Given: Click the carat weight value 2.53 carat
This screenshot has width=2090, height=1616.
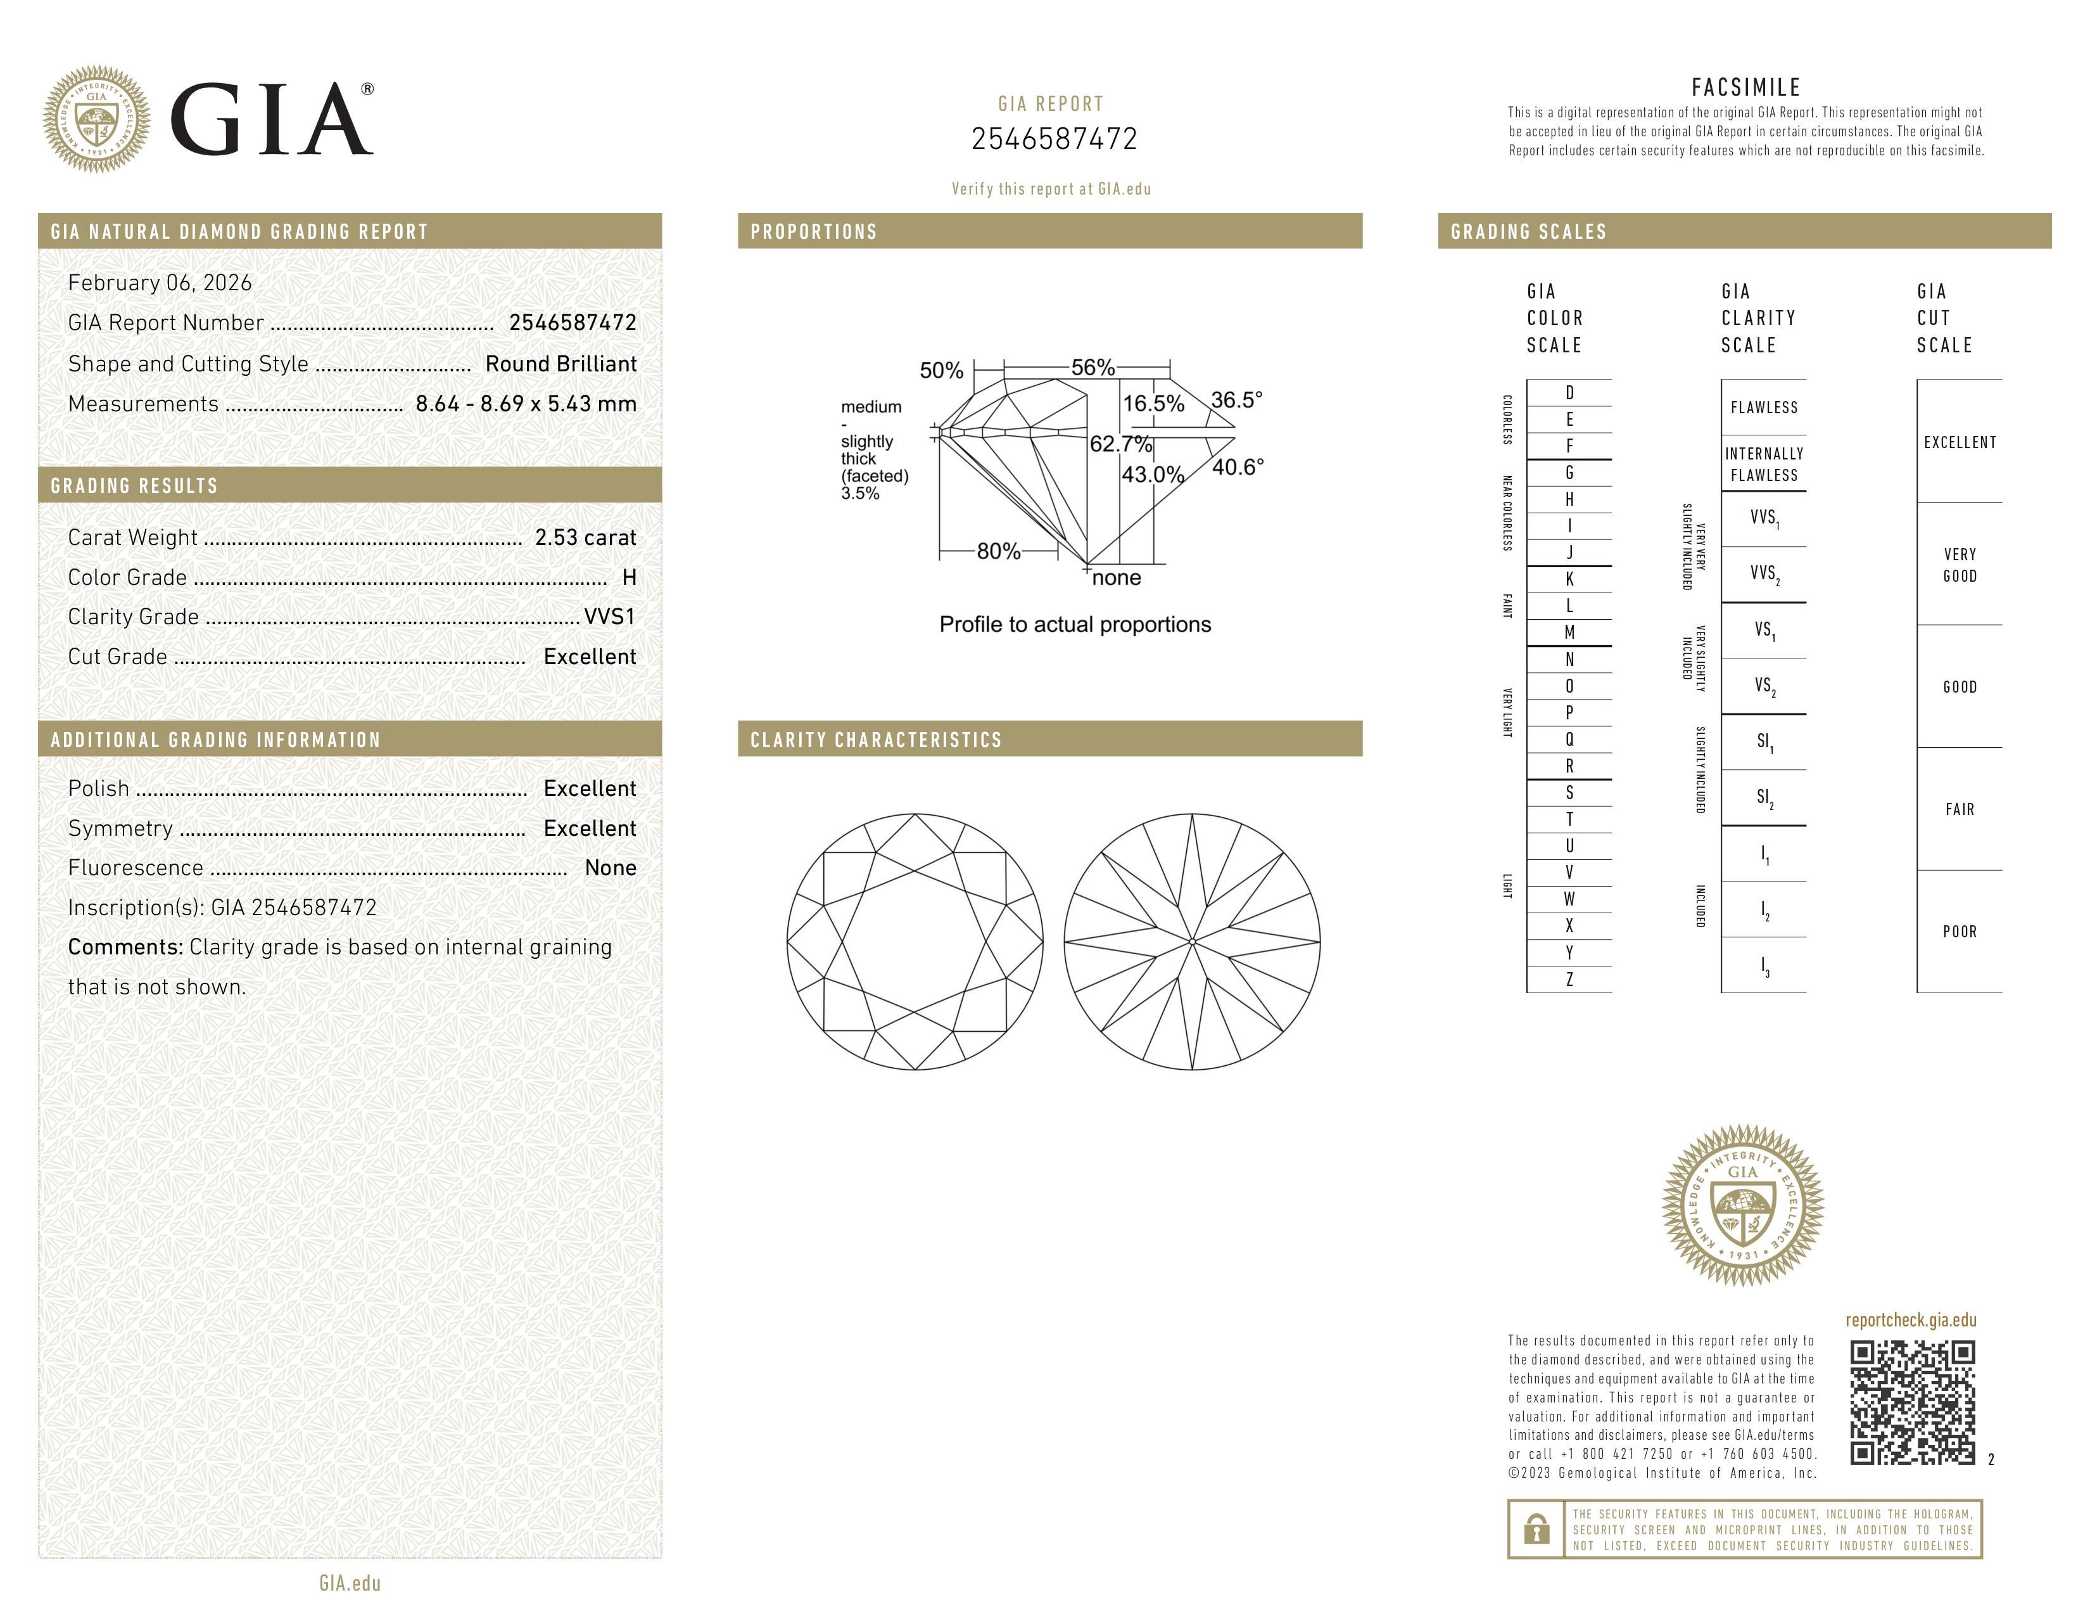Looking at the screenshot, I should (585, 538).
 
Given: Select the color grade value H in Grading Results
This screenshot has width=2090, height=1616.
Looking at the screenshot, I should (629, 577).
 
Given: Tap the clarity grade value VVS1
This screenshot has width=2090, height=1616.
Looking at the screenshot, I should (609, 617).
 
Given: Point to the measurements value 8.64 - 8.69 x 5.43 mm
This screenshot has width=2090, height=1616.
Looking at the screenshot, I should (526, 404).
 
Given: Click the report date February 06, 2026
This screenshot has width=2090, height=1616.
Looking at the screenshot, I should (160, 283).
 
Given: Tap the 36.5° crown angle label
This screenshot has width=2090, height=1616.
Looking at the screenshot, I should (1236, 400).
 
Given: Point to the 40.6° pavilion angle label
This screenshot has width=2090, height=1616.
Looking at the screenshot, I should (1238, 467).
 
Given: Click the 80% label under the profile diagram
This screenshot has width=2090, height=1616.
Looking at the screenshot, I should (998, 551).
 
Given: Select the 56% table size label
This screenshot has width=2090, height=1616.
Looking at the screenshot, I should (1093, 368).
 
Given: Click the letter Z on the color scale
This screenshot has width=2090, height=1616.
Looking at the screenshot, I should (1569, 979).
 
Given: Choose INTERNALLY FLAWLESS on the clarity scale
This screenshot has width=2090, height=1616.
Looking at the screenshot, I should (1764, 465).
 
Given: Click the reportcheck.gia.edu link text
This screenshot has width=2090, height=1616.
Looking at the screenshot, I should (1910, 1320).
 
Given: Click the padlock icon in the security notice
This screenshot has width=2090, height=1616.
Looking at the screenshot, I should (1536, 1529).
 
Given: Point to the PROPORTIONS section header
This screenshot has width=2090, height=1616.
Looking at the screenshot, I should (813, 232).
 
